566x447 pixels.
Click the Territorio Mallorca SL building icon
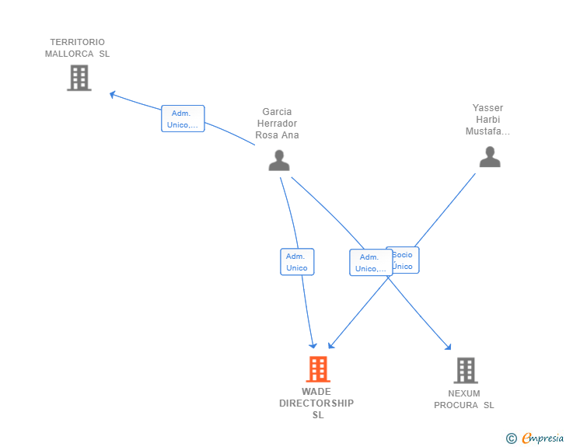click(79, 78)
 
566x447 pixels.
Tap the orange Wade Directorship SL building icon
click(318, 369)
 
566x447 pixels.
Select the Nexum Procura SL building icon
click(465, 371)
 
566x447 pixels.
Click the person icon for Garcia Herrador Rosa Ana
click(278, 160)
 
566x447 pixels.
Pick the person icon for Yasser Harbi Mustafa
click(489, 157)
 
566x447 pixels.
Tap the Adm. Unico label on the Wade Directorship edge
click(296, 262)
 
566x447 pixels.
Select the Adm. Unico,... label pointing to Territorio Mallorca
click(183, 119)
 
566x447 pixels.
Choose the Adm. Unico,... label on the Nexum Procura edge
click(370, 263)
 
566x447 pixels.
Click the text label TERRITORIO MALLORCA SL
click(77, 48)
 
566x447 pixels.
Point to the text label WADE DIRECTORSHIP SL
click(316, 403)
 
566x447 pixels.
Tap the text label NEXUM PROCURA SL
click(464, 400)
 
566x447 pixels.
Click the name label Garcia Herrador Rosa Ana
click(278, 124)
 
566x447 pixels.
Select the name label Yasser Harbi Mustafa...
click(487, 120)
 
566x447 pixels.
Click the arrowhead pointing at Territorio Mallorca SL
click(112, 94)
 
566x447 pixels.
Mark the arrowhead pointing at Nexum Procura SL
click(448, 347)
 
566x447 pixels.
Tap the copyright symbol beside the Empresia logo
click(511, 438)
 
